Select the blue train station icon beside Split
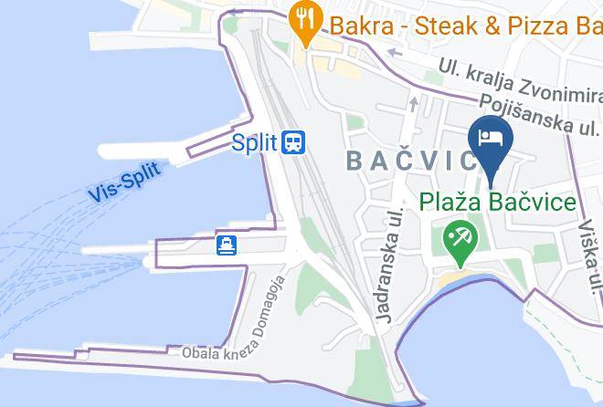[x=293, y=142]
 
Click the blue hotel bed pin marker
[x=491, y=141]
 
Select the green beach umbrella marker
[x=459, y=241]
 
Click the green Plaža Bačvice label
[x=498, y=202]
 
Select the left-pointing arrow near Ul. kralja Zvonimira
[x=393, y=52]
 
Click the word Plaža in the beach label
[x=450, y=202]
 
